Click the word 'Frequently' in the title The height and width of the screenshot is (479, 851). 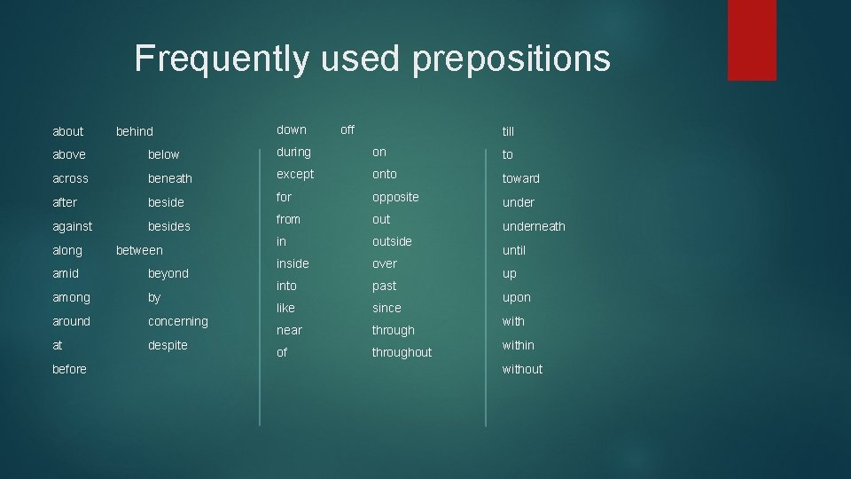tap(222, 59)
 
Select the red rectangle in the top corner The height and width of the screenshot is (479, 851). tap(752, 40)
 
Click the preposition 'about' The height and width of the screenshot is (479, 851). tap(68, 131)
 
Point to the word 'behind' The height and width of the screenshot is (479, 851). tap(135, 131)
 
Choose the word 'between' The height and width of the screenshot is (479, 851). tap(139, 250)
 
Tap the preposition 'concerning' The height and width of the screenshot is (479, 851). tap(177, 321)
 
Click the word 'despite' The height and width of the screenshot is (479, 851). tap(168, 345)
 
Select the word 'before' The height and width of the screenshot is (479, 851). tap(69, 369)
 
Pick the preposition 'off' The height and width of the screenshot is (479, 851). tap(347, 130)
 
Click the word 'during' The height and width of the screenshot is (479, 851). tap(293, 153)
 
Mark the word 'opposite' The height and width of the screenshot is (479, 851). tap(395, 197)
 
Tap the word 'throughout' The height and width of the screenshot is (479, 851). tap(402, 352)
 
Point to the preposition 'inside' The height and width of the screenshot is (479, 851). tap(293, 263)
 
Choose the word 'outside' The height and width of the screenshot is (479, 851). tap(392, 241)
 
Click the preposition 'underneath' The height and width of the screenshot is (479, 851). tap(534, 226)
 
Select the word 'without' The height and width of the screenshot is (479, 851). tap(522, 369)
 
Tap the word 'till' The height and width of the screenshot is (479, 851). tap(508, 131)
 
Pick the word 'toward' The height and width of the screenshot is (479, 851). tap(520, 178)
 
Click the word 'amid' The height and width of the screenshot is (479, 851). tap(66, 273)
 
